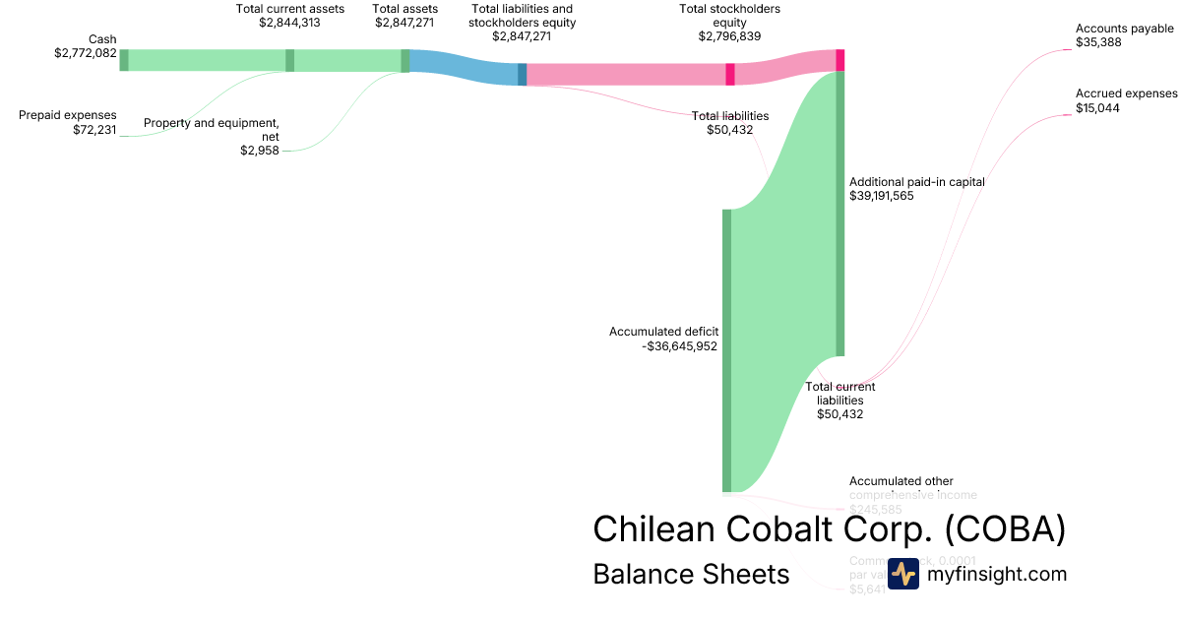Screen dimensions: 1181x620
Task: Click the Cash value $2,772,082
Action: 86,52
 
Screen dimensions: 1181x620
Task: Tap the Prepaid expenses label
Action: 68,115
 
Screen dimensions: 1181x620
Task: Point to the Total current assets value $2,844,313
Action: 290,22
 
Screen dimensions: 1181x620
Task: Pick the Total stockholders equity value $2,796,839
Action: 729,36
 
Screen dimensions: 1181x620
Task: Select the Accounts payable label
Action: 1125,29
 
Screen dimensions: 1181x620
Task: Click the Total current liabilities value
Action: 839,414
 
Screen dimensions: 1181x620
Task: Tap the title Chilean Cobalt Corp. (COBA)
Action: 829,529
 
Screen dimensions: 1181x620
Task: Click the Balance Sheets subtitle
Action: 691,574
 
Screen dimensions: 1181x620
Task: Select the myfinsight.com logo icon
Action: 902,574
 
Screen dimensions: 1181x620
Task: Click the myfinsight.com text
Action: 997,574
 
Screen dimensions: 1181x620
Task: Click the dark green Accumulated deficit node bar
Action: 727,349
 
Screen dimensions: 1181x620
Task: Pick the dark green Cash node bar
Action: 124,60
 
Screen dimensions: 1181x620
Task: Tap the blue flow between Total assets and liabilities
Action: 463,68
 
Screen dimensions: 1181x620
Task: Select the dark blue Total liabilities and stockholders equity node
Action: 523,75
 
